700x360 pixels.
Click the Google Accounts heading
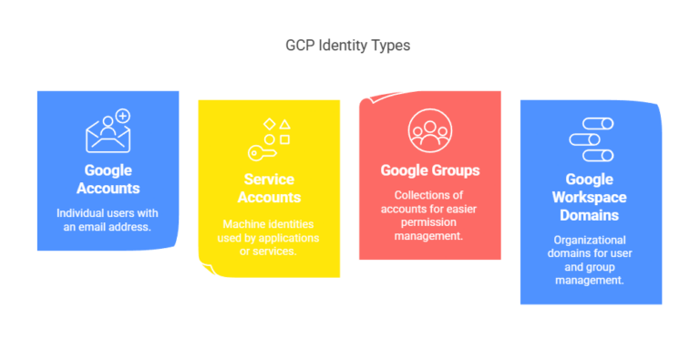click(x=108, y=180)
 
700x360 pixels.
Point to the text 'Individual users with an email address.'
click(x=108, y=220)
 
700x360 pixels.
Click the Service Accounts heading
click(x=269, y=189)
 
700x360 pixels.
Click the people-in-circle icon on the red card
click(x=428, y=129)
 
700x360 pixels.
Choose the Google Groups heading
click(x=429, y=170)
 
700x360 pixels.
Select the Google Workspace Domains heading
click(x=590, y=197)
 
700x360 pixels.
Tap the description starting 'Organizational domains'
click(x=590, y=260)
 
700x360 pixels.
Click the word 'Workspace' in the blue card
click(x=590, y=198)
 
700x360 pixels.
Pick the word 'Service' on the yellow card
click(x=269, y=180)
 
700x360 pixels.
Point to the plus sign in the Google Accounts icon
click(x=122, y=116)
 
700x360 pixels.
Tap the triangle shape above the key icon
click(x=284, y=123)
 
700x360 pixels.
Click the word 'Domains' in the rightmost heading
click(x=590, y=215)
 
